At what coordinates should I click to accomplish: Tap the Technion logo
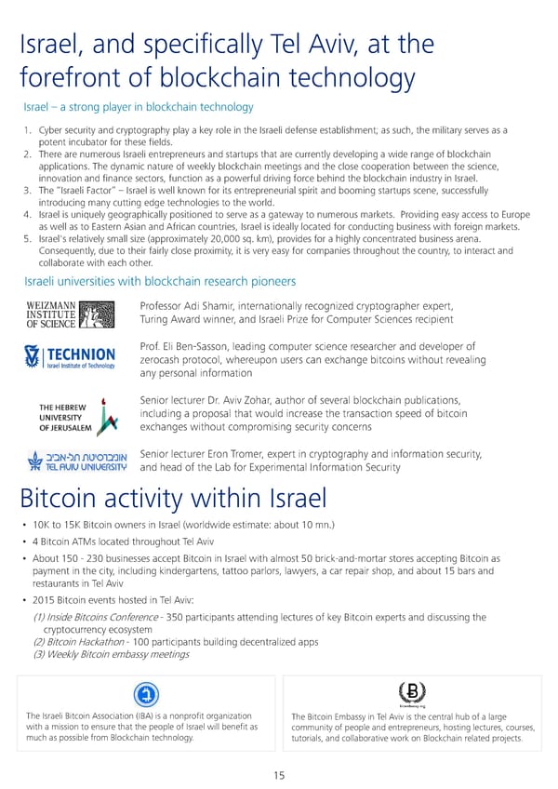coord(70,357)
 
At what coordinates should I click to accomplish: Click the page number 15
coord(279,776)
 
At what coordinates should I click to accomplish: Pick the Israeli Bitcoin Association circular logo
coord(144,694)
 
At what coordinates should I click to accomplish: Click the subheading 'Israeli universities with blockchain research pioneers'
coord(159,281)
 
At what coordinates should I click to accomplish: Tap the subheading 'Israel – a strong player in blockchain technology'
coord(138,108)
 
